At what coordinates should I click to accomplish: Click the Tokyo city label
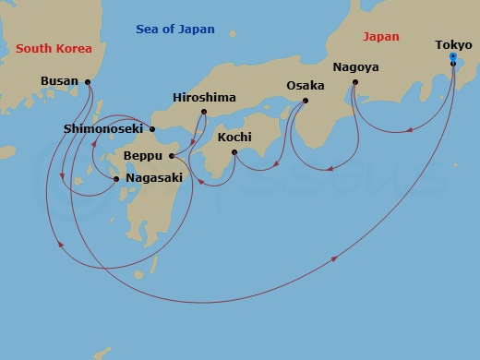452,43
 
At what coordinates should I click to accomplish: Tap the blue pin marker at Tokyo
452,57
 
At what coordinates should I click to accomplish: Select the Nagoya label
356,67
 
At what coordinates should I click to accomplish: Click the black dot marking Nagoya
355,83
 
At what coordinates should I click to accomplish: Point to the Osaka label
305,85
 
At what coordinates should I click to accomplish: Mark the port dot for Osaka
306,101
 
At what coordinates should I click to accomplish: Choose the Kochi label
234,137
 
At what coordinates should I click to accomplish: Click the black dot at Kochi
234,151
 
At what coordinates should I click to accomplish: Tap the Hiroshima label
204,97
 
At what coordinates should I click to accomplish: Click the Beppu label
143,157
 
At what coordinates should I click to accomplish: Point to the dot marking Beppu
172,156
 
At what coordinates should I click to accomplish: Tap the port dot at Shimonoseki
152,129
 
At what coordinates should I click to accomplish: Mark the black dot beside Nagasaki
115,178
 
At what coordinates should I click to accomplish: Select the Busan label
59,81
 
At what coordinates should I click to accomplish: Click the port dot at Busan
88,82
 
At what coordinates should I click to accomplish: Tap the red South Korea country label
52,47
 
